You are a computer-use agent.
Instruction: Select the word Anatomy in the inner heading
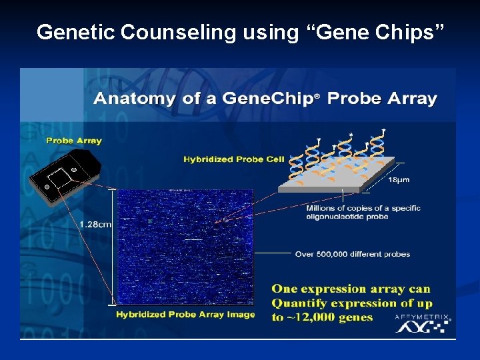coord(131,99)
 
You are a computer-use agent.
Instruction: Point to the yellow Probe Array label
coord(73,141)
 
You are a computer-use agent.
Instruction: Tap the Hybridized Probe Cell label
coord(233,159)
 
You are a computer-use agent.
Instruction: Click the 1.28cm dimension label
coord(95,225)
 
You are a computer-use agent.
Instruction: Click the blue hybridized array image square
coord(185,247)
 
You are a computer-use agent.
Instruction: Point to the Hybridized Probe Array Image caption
coord(185,315)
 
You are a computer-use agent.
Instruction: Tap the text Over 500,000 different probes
coord(352,254)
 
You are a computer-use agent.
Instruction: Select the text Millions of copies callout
coord(363,212)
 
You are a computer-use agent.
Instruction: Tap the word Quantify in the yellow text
coord(299,303)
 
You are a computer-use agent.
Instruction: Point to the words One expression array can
coord(351,289)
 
